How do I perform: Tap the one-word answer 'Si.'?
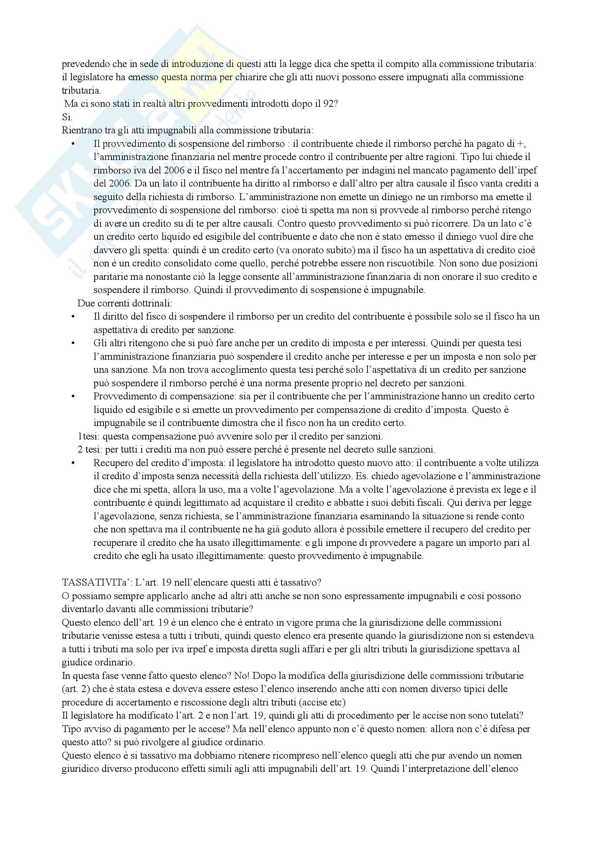coord(67,117)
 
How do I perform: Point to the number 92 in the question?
coord(328,104)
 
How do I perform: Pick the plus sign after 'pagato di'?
coord(521,144)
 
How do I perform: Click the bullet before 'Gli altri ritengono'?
coord(73,344)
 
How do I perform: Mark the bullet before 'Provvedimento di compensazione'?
coord(73,397)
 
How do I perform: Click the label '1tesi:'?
coord(88,437)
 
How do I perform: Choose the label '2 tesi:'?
coord(89,450)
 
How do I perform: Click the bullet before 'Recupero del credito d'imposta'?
coord(73,463)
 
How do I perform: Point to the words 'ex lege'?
coord(504,490)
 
